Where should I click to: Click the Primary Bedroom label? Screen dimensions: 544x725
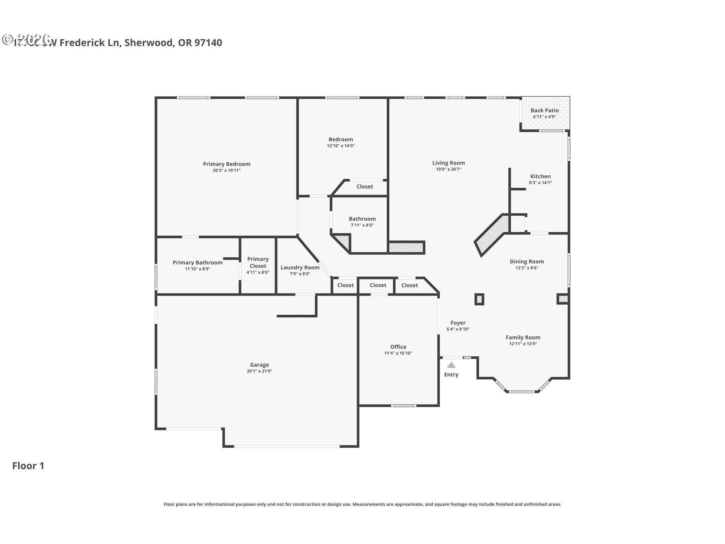coord(227,164)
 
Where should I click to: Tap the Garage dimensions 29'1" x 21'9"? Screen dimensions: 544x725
coord(259,371)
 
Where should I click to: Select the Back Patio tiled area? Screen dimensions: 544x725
coord(545,113)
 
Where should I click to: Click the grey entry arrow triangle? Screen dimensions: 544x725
coord(451,365)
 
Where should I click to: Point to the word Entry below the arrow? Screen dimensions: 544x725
coord(451,374)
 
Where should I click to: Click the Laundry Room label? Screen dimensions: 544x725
coord(300,267)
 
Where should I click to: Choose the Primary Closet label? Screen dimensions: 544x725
coord(258,263)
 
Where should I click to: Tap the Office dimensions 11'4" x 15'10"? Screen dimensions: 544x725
coord(398,353)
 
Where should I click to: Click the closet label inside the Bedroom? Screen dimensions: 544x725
coord(364,187)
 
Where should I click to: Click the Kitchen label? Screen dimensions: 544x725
coord(540,176)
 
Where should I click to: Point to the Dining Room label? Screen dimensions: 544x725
coord(527,261)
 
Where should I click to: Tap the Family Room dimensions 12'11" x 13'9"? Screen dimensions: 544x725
coord(523,344)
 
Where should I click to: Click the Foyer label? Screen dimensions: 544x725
coord(458,323)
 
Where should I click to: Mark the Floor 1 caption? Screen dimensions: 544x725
coord(28,466)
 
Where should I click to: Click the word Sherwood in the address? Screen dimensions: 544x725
coord(149,43)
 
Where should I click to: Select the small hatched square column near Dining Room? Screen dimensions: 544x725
coord(479,299)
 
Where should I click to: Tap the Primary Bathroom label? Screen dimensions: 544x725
coord(197,263)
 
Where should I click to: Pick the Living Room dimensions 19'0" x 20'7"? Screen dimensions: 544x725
coord(449,169)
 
